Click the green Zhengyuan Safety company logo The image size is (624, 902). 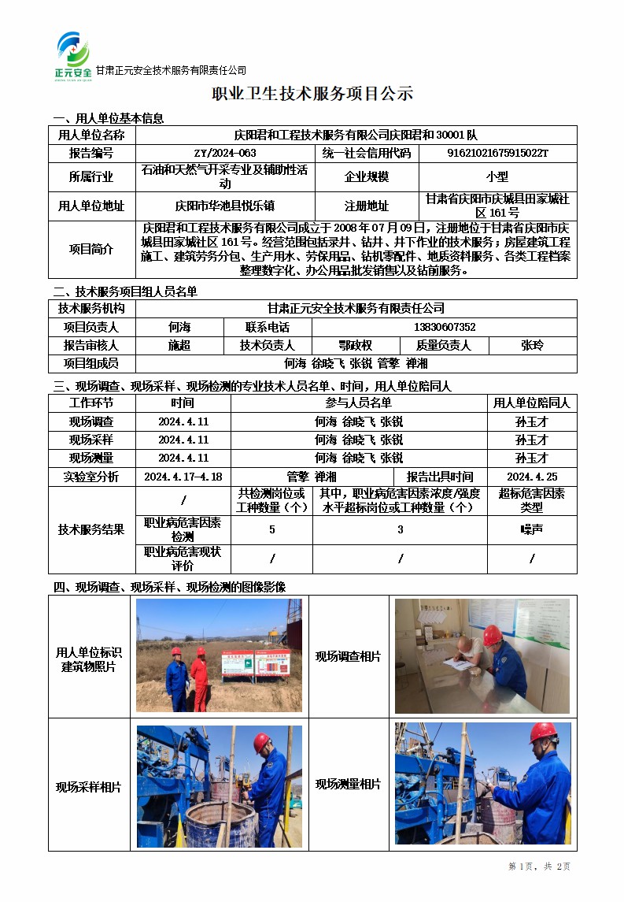pos(74,55)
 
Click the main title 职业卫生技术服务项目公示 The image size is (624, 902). pos(312,95)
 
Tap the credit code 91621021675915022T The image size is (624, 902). pos(497,153)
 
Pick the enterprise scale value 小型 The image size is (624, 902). pos(497,177)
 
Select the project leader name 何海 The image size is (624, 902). pos(179,327)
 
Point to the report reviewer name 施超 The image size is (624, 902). pos(179,345)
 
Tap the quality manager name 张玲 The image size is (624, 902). pos(532,345)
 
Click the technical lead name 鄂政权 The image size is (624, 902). pos(355,345)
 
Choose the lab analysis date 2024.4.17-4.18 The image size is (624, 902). pos(183,477)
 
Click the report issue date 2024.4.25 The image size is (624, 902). pos(532,477)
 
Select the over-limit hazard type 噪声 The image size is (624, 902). pos(532,529)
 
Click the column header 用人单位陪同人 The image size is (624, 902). pos(532,403)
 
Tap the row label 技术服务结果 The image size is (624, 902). pos(91,529)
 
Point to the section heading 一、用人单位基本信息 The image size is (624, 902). pos(108,118)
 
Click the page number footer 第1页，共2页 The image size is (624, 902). pos(540,867)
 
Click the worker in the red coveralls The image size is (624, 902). pos(200,679)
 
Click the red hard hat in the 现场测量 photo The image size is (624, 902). pos(542,733)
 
